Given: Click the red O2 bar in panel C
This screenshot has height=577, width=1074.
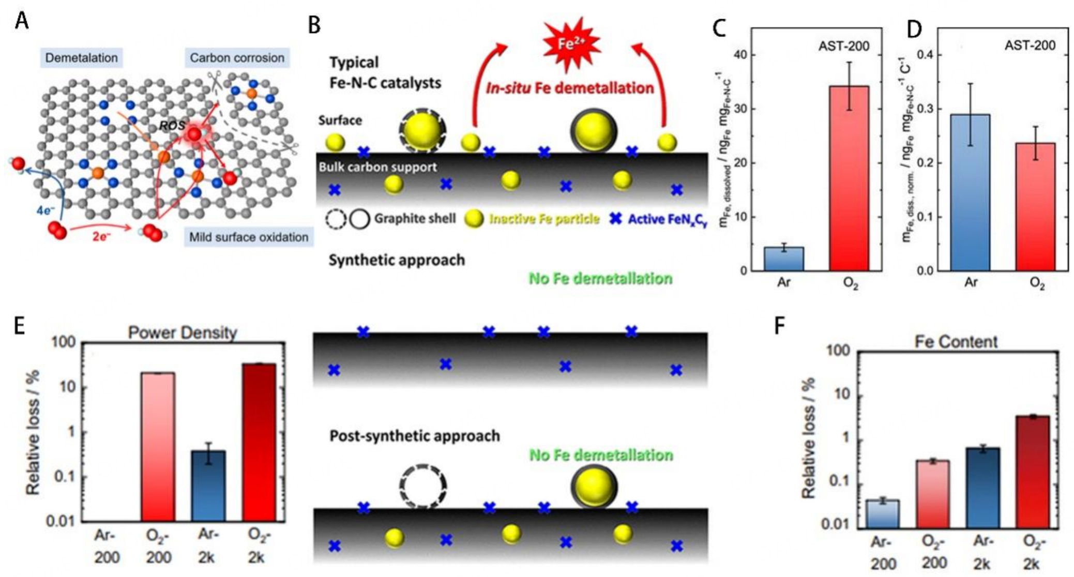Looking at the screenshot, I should click(x=849, y=178).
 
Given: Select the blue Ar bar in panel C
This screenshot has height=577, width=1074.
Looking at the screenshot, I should click(x=783, y=259).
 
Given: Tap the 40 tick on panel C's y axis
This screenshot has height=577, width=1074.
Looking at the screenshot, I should click(x=734, y=55).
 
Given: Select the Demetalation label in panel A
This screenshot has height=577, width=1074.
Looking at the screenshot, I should click(x=81, y=57).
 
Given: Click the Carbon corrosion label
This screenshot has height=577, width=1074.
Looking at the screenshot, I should click(x=237, y=57).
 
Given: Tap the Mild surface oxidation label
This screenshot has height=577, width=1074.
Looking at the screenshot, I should click(x=248, y=237).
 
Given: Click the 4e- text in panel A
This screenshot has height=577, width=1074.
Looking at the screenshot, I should click(x=45, y=210).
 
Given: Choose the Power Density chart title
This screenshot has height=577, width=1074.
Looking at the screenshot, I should click(x=182, y=332).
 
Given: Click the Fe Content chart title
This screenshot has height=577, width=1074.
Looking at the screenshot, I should click(x=956, y=342).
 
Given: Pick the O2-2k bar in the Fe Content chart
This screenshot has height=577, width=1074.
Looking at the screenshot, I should click(x=1032, y=471).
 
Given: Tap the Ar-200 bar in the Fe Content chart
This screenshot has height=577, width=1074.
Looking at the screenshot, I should click(x=883, y=513).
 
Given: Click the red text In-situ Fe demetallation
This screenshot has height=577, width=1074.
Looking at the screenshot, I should click(x=569, y=88).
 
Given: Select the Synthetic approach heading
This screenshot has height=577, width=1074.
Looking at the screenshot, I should click(x=397, y=260).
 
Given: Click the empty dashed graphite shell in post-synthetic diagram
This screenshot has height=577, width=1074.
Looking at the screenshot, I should click(x=422, y=486).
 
